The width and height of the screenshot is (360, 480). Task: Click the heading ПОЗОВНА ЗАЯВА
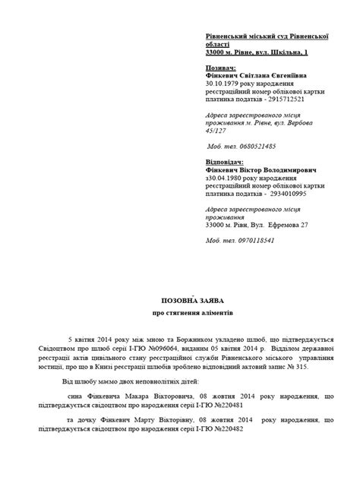point(180,299)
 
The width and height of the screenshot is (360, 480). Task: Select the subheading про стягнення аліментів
point(180,313)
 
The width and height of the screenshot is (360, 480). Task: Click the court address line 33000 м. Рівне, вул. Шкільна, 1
point(257,52)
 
